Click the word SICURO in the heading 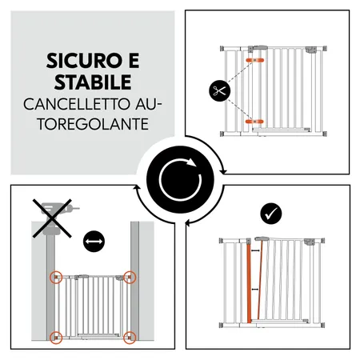(82, 61)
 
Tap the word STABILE (93, 82)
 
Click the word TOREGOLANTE (93, 124)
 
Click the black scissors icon (219, 90)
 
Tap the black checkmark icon (271, 214)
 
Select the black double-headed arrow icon (94, 242)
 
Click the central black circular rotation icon (180, 179)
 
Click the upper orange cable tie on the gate (254, 60)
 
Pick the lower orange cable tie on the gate (254, 122)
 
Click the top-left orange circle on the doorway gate (56, 278)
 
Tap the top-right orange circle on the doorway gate (130, 278)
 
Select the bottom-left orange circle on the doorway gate (56, 338)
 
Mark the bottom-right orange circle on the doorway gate (130, 338)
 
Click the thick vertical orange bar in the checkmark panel (249, 283)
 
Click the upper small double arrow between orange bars (255, 250)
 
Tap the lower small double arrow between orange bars (255, 290)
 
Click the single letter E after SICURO (134, 61)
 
